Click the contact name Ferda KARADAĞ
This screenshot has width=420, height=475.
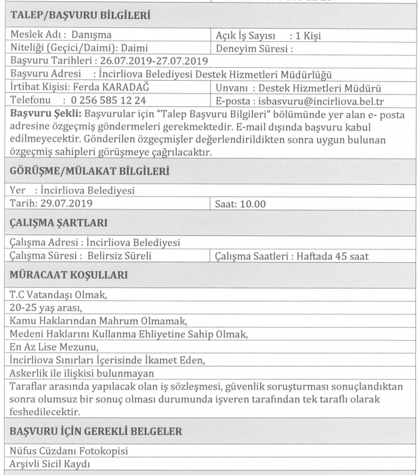click(103, 88)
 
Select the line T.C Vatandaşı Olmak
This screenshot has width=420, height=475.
click(52, 293)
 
